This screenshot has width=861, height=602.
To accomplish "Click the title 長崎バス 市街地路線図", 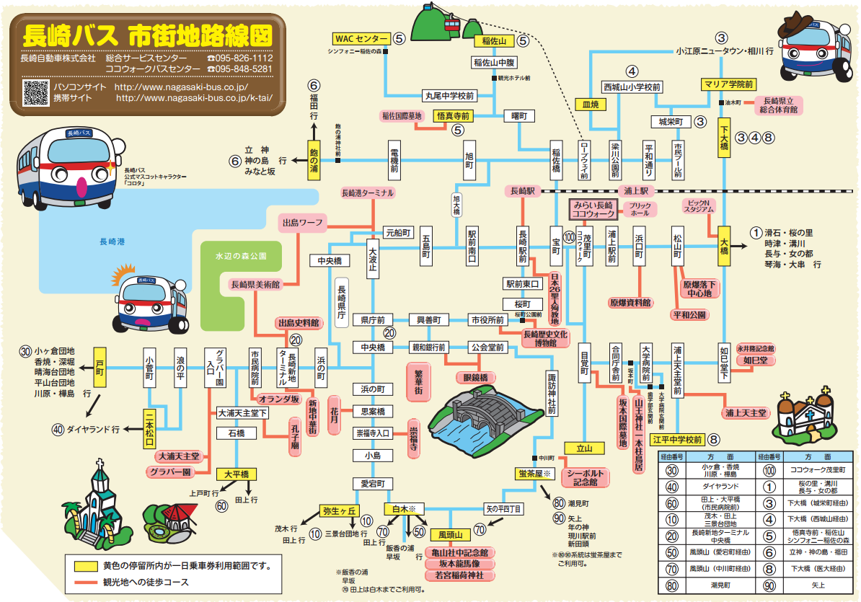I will pos(147,34).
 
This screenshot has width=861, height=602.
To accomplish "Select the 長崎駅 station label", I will pos(521,191).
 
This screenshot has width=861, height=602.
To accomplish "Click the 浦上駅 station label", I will pos(637,191).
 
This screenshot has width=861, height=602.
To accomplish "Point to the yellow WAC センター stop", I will pos(361,38).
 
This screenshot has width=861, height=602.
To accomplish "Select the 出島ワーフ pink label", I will pos(303,223).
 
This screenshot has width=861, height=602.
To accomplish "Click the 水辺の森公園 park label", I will pos(240,256).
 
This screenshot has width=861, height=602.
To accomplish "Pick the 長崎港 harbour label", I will pos(112,242).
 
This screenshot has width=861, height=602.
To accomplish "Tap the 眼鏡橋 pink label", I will pos(475,377).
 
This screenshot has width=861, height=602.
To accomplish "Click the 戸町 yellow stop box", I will pos(100,367).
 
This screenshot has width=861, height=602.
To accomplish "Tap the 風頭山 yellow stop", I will pos(450,535).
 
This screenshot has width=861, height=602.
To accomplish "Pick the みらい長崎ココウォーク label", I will pos(593,209).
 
